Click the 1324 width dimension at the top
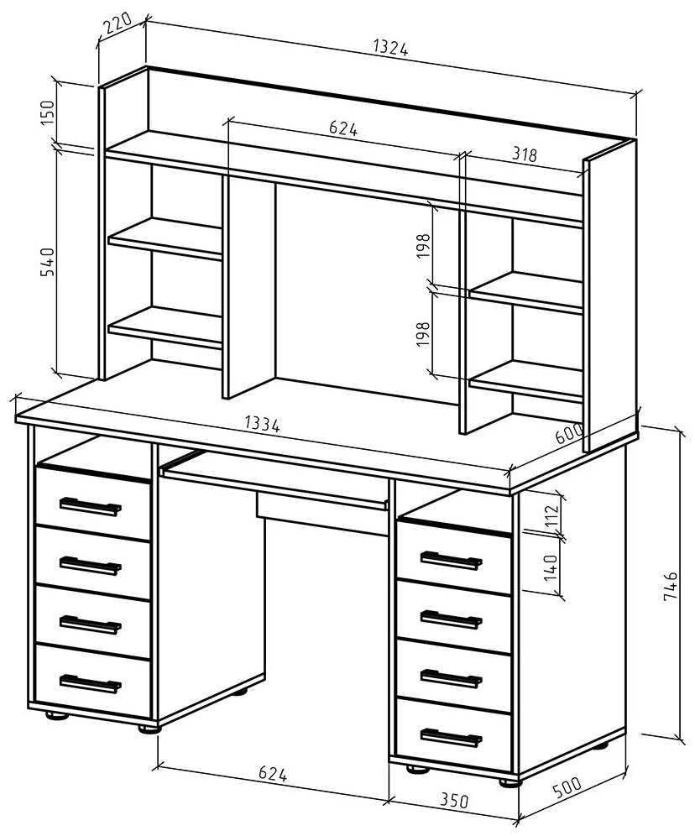[x=390, y=48]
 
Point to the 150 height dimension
[x=48, y=112]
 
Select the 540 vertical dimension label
[x=48, y=262]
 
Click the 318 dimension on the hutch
[x=524, y=154]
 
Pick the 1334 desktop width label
[x=262, y=424]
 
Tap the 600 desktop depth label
[x=569, y=433]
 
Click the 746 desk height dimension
[x=670, y=587]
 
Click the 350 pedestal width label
[x=454, y=800]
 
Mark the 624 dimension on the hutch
[x=343, y=128]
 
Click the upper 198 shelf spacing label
[x=423, y=246]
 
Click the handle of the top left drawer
[x=90, y=506]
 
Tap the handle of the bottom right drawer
[x=451, y=738]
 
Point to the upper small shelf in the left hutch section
[x=165, y=238]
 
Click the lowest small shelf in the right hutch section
[x=525, y=381]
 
